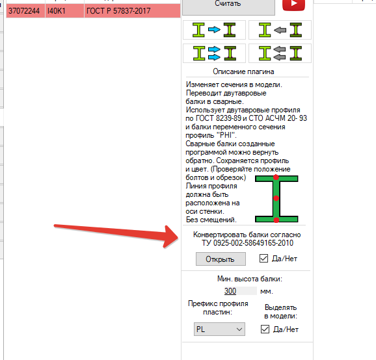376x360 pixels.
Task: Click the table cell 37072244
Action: [25, 11]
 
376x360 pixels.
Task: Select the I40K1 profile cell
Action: [64, 11]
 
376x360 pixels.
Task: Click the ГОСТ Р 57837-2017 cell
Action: [132, 11]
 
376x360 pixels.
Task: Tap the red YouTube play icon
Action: [293, 5]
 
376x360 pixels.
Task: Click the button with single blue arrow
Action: [214, 30]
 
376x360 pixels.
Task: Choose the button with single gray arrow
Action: [280, 30]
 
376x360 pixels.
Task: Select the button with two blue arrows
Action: [214, 53]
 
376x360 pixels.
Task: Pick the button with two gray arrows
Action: [280, 53]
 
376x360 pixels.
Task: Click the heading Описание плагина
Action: [243, 71]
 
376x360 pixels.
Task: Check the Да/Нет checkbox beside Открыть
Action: [263, 259]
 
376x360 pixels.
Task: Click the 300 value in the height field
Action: [230, 291]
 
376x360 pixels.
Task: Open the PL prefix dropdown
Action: [219, 329]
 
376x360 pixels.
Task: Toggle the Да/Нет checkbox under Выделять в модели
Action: [265, 329]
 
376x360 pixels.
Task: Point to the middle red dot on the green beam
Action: [276, 198]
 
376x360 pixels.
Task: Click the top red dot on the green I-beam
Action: [276, 177]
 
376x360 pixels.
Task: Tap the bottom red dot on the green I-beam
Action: [276, 220]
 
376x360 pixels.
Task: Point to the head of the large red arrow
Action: [178, 238]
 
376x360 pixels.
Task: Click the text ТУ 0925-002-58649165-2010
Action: [247, 243]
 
